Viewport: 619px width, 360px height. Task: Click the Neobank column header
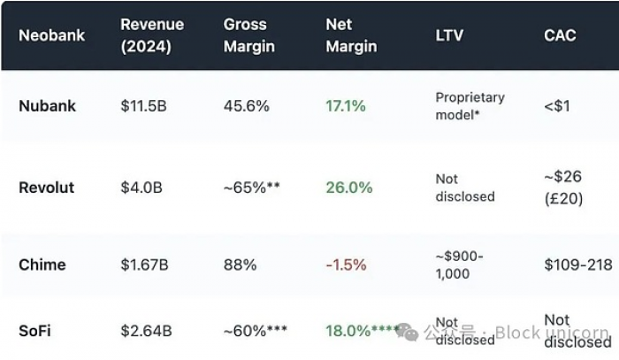[52, 36]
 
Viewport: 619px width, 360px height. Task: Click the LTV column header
[449, 36]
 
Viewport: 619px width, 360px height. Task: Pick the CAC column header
[560, 35]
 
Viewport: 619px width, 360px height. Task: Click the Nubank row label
[48, 106]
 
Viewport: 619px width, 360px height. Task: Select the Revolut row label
[47, 188]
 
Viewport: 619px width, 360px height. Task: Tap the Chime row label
[42, 264]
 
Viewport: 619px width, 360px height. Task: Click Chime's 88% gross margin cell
[241, 264]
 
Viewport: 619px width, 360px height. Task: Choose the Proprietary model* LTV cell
[470, 106]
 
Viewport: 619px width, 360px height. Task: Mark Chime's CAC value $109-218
[578, 264]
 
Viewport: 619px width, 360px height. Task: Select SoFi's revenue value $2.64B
[147, 332]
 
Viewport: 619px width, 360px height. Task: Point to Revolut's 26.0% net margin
[349, 188]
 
